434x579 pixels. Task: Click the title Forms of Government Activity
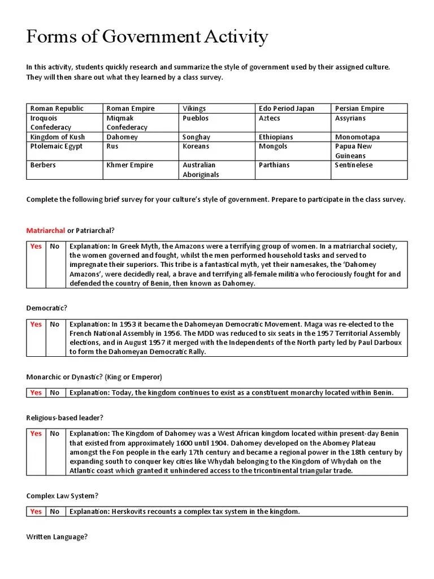point(147,37)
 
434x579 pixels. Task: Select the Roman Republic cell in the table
point(57,109)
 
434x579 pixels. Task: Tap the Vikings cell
point(194,109)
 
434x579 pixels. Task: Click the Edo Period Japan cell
point(286,109)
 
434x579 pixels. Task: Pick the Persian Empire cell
point(359,109)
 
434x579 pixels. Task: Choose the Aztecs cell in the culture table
point(269,118)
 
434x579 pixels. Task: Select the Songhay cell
point(196,137)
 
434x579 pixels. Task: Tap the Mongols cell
point(273,146)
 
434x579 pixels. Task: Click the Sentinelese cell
point(354,165)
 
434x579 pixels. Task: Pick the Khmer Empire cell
point(130,165)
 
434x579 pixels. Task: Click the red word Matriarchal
point(46,231)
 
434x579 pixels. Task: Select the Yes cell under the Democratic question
point(36,325)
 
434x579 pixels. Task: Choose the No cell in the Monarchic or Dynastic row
point(54,393)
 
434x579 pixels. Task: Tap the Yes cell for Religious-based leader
point(36,434)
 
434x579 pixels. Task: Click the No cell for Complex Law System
point(54,512)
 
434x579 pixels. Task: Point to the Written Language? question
point(57,537)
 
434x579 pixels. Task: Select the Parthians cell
point(274,165)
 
